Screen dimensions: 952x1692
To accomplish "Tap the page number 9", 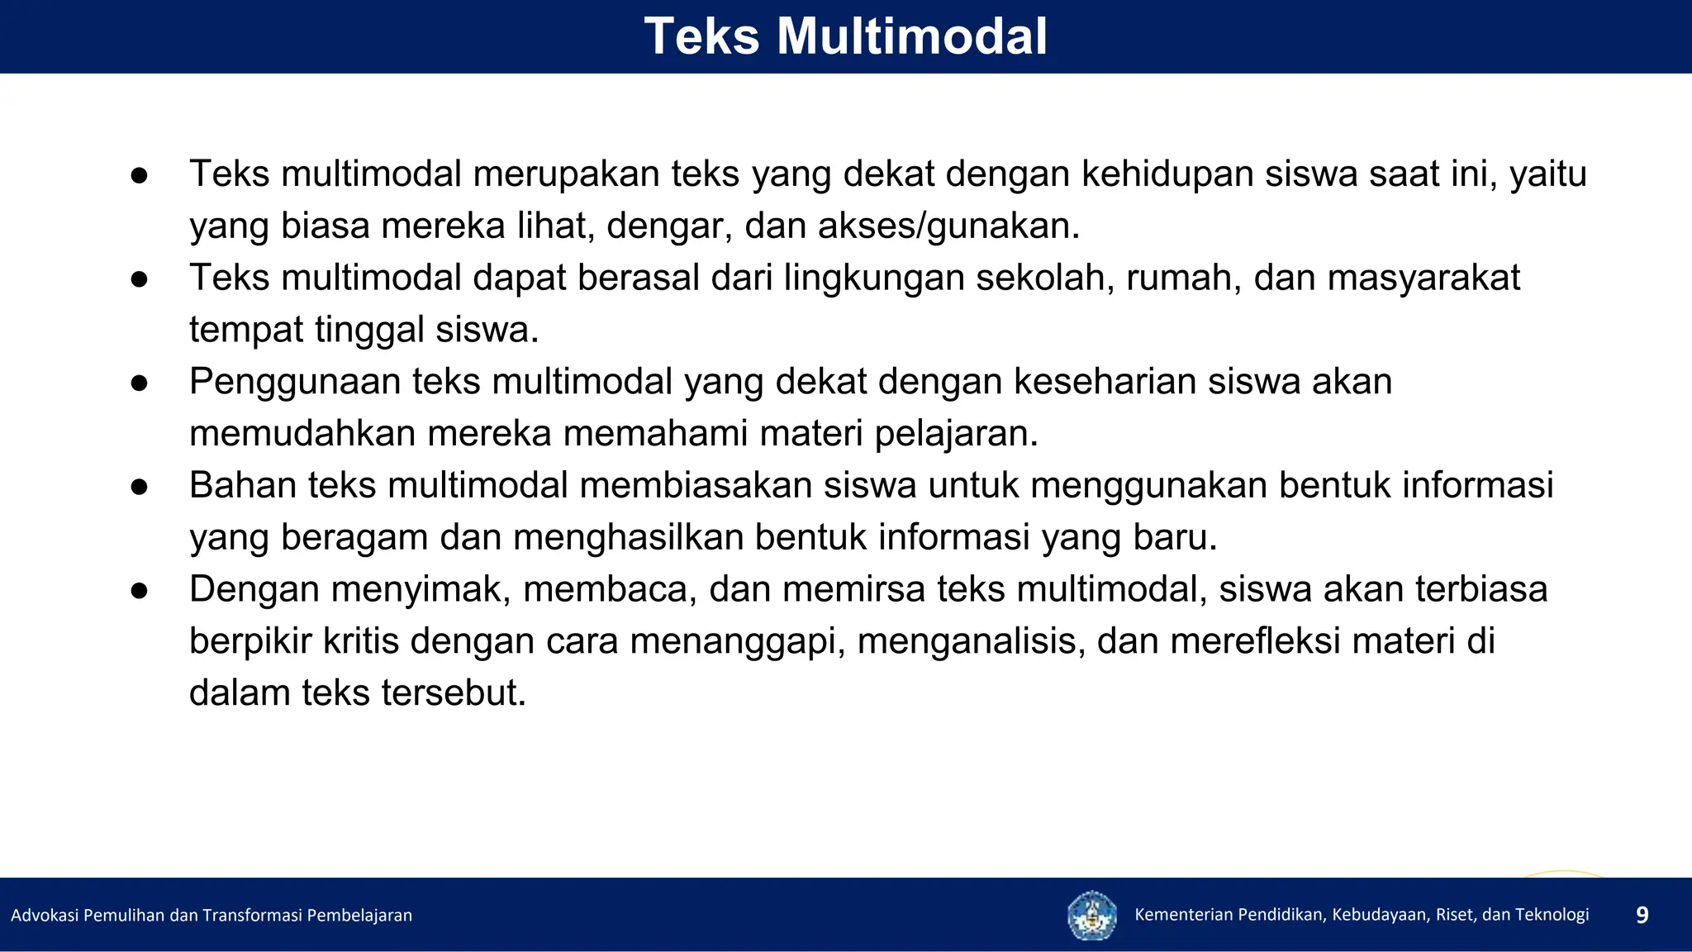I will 1642,915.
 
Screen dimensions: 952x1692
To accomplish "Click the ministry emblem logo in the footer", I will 1091,915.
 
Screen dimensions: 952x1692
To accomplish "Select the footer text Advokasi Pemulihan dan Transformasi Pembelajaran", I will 211,915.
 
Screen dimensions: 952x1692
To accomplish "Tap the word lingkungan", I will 874,278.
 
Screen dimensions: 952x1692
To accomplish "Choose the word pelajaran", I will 956,434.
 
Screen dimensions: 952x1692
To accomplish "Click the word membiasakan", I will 696,485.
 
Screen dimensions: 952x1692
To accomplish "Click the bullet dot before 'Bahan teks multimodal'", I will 139,487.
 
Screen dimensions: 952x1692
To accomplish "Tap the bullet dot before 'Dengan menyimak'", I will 139,591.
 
